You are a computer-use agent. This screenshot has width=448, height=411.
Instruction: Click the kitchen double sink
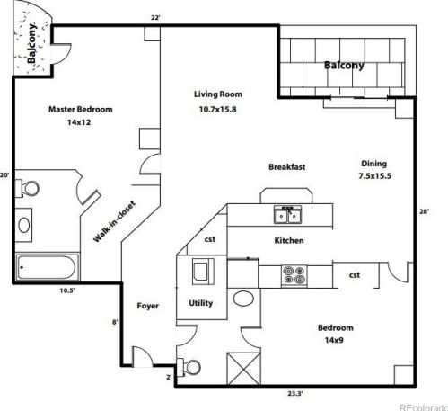tap(288, 215)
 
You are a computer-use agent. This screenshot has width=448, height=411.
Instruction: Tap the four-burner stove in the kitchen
tap(294, 275)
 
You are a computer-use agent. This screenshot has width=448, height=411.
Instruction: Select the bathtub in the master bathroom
tap(48, 267)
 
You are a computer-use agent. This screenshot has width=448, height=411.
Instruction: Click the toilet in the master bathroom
tap(27, 189)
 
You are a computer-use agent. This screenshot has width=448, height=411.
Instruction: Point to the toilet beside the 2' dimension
tap(189, 367)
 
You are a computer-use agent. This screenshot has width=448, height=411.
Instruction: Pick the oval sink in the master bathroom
tap(24, 225)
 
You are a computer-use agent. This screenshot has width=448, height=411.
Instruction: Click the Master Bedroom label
tap(81, 109)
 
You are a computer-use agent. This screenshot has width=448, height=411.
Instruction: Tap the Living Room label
tap(218, 94)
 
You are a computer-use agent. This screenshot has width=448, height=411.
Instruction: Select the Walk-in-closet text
tap(114, 222)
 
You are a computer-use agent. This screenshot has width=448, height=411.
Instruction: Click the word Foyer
tap(147, 306)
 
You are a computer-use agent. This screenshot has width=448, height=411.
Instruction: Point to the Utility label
tap(200, 303)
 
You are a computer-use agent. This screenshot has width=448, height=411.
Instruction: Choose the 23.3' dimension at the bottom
tap(295, 394)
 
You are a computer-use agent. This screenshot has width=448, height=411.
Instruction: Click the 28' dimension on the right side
tap(424, 211)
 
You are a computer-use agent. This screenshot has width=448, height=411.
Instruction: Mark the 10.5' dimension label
tap(67, 290)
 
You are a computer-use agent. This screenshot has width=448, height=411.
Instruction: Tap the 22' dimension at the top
tap(155, 18)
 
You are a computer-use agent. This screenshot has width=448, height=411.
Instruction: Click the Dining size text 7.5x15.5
tap(374, 176)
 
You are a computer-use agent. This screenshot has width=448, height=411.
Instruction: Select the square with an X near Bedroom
tap(244, 369)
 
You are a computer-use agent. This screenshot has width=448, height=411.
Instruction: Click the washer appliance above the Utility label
tap(203, 272)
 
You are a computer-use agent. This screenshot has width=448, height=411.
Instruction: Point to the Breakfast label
tap(287, 167)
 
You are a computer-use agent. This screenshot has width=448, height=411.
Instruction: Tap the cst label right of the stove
tap(355, 275)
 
